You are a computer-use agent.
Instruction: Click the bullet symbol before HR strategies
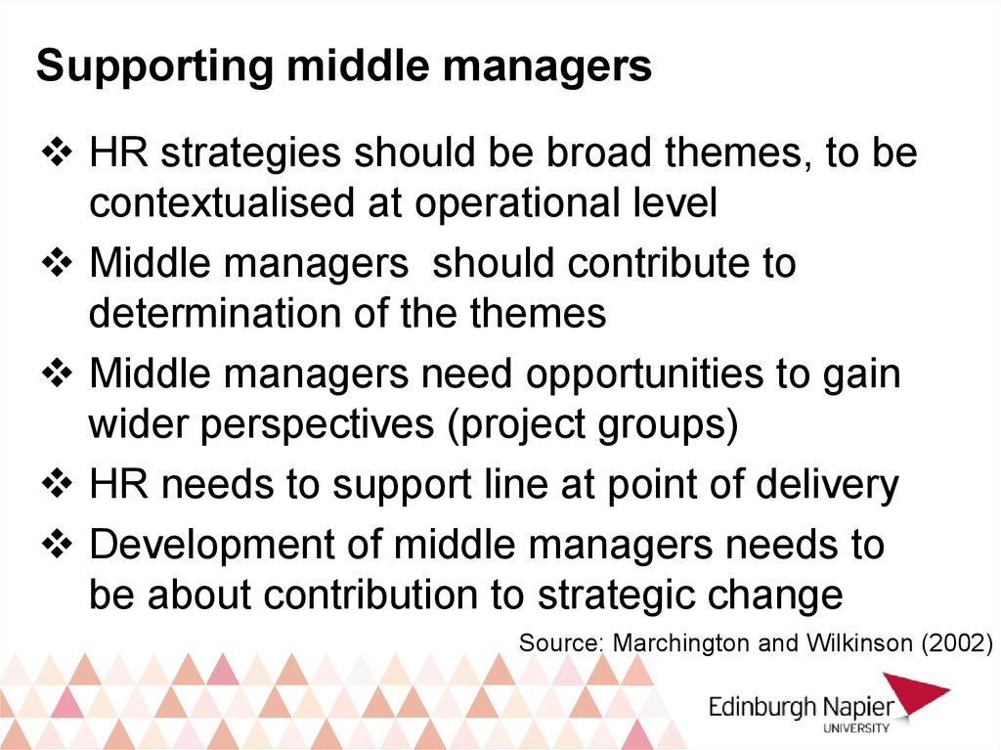click(x=58, y=153)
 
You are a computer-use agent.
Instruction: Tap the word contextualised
click(x=222, y=202)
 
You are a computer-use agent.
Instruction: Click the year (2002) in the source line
click(x=957, y=642)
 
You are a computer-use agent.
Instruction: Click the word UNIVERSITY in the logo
click(x=856, y=728)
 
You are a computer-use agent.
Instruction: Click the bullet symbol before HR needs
click(x=58, y=484)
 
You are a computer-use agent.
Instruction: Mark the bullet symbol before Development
click(x=58, y=545)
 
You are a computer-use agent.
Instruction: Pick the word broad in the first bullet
click(x=599, y=153)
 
